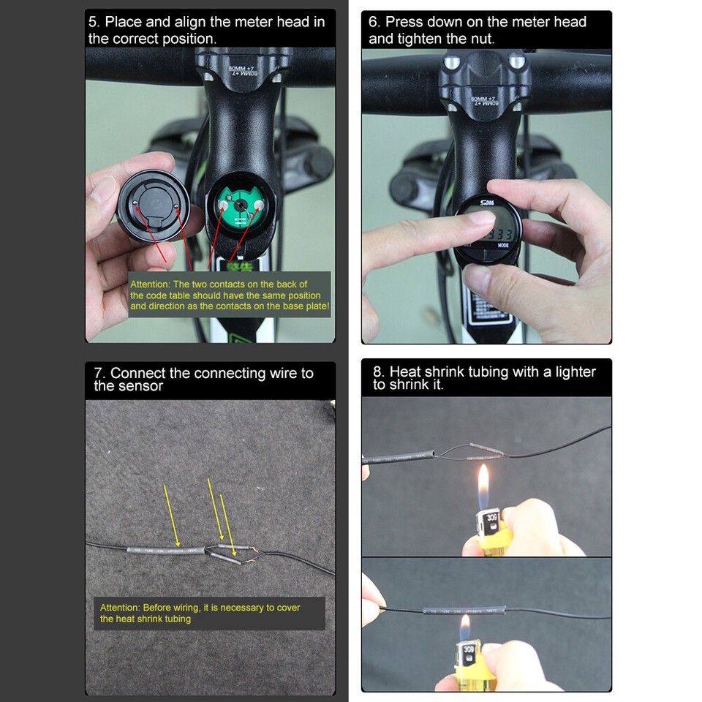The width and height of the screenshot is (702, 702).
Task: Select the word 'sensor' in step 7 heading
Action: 139,386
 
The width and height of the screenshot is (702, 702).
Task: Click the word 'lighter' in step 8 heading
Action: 570,371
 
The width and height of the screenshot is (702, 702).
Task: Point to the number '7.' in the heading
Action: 100,374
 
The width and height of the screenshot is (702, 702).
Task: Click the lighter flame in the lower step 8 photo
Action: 464,627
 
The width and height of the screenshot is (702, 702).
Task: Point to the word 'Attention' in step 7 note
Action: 119,608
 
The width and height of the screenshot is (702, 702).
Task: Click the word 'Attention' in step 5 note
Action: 150,284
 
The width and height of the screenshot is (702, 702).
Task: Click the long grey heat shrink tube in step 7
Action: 162,549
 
